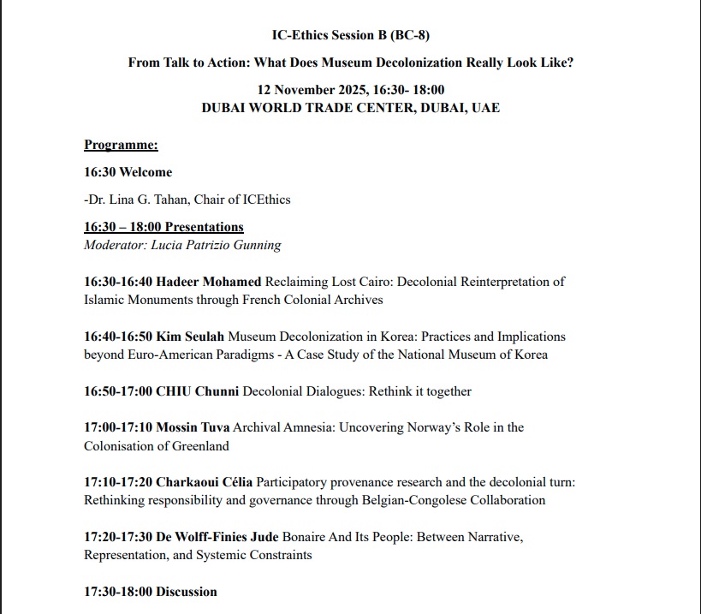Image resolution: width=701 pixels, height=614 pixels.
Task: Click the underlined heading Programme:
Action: coord(121,146)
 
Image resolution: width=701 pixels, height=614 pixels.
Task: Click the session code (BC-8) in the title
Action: coord(418,35)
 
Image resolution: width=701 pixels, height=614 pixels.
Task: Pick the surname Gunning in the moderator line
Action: coord(254,244)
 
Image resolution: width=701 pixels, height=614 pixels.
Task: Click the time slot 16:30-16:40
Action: coord(119,282)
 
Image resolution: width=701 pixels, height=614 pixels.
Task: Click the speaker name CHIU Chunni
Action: coord(198,391)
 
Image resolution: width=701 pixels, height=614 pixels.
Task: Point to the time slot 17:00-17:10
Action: coord(119,427)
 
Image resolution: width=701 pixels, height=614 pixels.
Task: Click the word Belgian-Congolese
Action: coord(442,500)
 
